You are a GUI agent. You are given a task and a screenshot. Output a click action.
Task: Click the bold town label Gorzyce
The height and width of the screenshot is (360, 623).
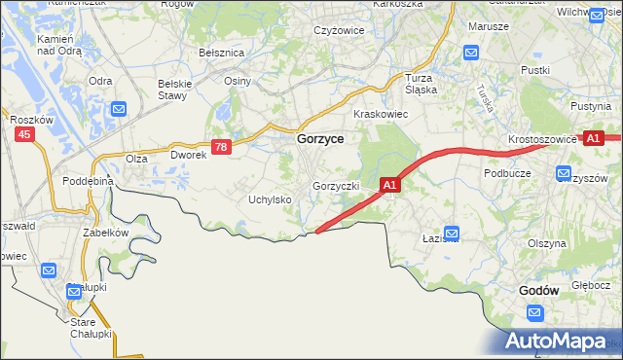[x=318, y=140]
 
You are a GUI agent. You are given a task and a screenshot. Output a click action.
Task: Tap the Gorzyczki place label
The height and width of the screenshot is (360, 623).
[x=337, y=186]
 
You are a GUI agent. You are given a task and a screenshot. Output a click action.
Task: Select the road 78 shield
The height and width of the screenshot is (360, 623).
[x=222, y=147]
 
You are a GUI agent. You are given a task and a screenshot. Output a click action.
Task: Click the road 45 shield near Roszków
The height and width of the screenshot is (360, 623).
[x=24, y=135]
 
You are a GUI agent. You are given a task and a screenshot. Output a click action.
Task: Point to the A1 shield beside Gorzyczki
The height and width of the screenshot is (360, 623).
[x=389, y=184]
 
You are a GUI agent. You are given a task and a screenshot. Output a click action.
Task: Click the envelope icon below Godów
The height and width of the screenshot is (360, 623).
[x=534, y=311]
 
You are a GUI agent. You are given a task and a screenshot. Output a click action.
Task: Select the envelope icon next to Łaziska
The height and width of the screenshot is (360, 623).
[x=452, y=234]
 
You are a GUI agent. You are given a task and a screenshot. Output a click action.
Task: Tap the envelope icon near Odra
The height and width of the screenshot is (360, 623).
[x=119, y=110]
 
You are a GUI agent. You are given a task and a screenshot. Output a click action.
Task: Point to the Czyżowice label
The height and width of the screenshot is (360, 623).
[x=339, y=30]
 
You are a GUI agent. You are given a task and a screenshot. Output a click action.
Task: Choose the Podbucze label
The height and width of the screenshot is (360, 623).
[x=506, y=172]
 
